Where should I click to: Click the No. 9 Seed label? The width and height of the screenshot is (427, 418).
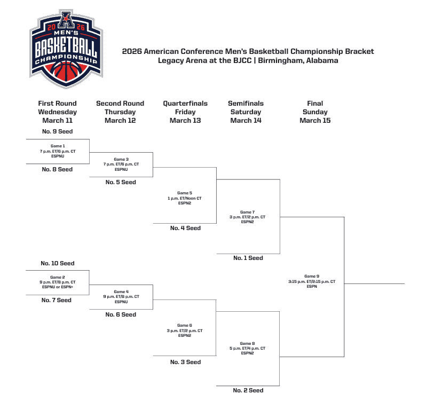click(x=57, y=131)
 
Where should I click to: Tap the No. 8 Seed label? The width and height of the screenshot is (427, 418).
click(x=57, y=169)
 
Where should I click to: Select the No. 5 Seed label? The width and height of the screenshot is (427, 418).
click(x=121, y=182)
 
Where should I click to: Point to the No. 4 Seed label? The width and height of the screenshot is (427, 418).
click(x=185, y=228)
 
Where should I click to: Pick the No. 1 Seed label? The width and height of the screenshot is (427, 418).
click(x=248, y=258)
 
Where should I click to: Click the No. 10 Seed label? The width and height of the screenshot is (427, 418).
click(x=57, y=263)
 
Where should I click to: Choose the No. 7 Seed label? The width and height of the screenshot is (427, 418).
click(x=57, y=300)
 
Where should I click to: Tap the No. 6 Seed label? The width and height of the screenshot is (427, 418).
click(x=121, y=314)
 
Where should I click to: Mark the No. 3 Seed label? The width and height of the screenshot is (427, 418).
click(x=185, y=362)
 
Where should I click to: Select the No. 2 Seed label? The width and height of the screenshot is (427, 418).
click(x=248, y=390)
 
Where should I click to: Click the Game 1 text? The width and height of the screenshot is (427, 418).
click(x=57, y=146)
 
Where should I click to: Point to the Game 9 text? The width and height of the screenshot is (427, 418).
click(x=312, y=276)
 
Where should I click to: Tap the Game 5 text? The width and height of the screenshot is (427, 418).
click(x=184, y=193)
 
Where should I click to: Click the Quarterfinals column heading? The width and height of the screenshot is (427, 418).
click(x=185, y=104)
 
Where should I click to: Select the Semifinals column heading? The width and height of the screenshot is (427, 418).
click(x=246, y=104)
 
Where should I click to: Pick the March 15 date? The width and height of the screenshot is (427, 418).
click(x=315, y=121)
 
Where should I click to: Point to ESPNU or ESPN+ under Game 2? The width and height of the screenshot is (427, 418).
click(x=57, y=287)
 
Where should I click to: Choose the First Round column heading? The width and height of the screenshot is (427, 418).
click(x=57, y=104)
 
